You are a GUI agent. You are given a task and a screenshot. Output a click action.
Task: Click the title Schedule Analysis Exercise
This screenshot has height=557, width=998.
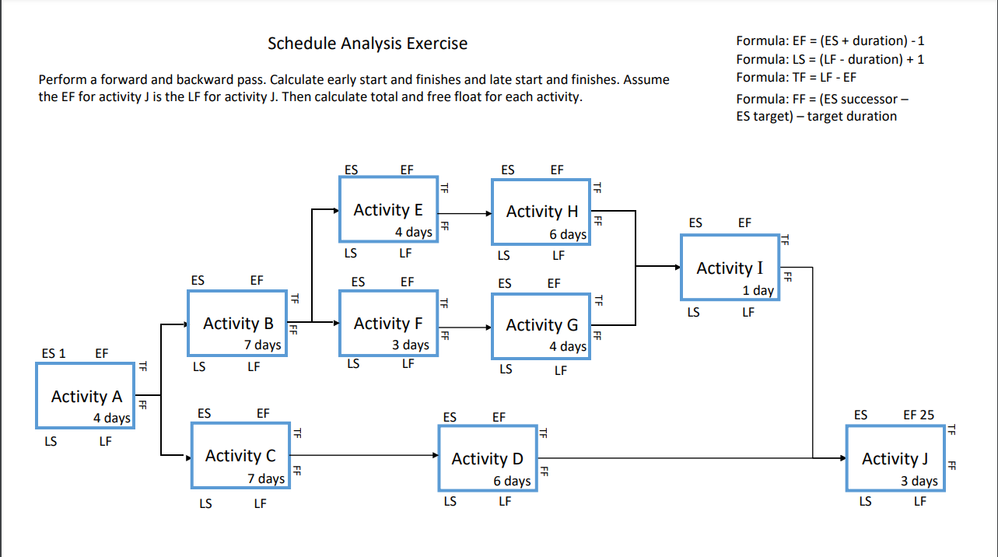[x=367, y=44]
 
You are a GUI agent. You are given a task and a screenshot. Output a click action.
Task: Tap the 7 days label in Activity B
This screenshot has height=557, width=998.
[x=263, y=345]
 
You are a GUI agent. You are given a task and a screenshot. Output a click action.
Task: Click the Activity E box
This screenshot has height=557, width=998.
[x=387, y=210]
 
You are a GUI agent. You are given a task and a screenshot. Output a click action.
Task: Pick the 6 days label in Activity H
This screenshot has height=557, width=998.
[x=567, y=234]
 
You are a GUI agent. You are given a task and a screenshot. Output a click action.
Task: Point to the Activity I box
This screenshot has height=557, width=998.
[x=729, y=268]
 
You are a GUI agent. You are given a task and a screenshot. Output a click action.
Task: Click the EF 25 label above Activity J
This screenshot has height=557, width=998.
[x=919, y=415]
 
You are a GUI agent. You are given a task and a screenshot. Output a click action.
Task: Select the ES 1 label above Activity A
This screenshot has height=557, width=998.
[x=53, y=353]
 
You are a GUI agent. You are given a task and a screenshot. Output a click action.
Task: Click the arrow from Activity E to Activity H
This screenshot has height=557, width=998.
[x=464, y=212]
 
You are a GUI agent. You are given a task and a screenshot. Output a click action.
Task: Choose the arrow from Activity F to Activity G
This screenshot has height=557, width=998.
[x=464, y=327]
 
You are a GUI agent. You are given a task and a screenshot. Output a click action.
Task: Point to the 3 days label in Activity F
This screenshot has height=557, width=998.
[x=410, y=345]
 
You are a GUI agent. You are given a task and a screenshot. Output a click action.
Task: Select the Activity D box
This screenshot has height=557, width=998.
[x=488, y=459]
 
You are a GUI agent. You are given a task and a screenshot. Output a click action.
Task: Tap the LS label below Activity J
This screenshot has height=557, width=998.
[x=865, y=502]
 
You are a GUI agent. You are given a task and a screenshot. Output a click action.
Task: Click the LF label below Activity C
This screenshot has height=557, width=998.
[x=260, y=504]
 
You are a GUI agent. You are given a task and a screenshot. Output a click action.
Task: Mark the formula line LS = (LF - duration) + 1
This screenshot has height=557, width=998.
[x=829, y=59]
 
